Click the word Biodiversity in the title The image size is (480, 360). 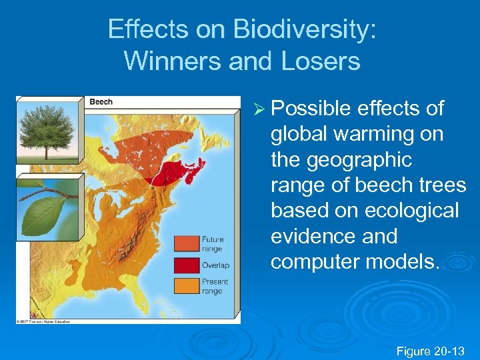point(304,29)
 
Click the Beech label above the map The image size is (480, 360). point(101,102)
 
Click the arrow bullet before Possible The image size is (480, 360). point(258,109)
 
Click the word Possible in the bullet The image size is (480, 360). point(311,109)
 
